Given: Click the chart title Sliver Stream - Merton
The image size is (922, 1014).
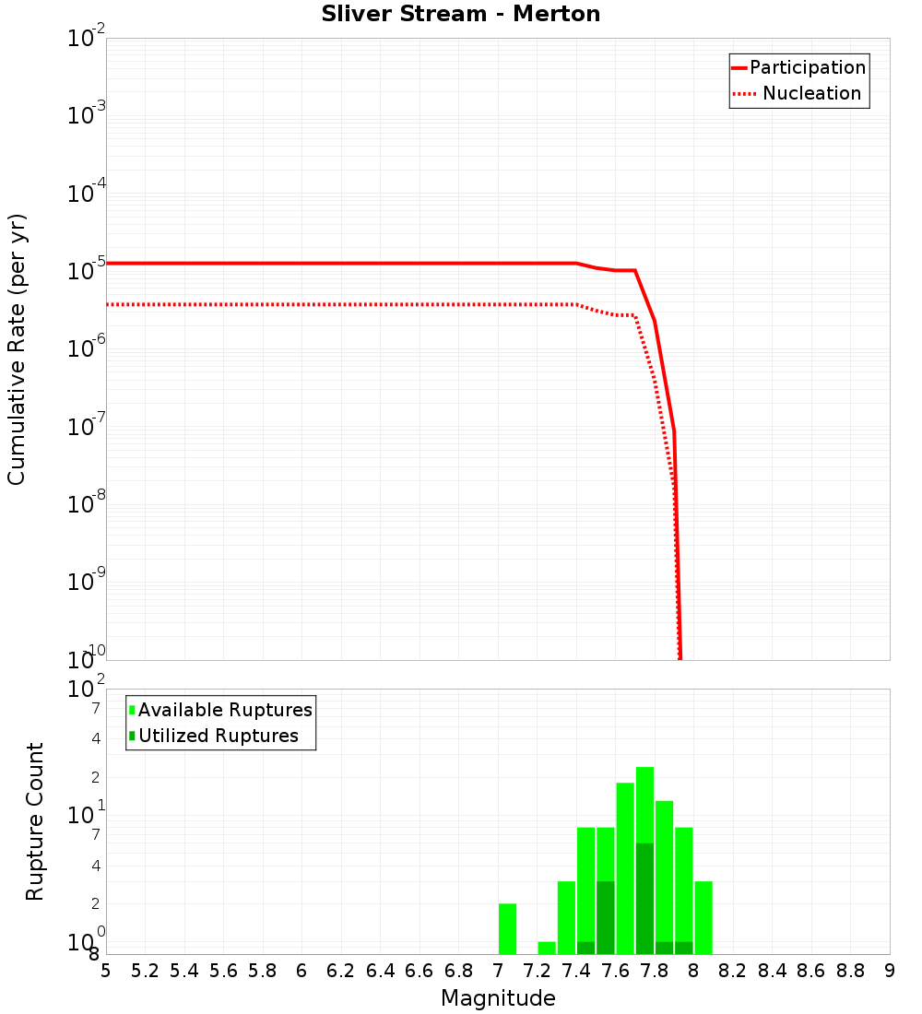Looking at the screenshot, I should point(461,14).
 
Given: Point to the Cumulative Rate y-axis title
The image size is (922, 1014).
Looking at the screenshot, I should point(18,349).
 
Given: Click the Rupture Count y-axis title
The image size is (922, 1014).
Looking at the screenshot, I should point(35,821).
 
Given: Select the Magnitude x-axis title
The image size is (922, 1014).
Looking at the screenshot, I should point(498,998).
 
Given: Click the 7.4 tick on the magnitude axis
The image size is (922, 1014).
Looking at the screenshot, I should point(576,970).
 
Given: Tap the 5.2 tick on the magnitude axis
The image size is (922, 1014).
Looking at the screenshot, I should point(145,970).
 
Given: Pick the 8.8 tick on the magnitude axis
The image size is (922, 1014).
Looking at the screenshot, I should point(850,970).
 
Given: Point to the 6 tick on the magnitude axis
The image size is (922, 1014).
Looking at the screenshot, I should point(301,970).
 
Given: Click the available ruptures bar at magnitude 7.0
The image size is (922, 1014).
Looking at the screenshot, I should point(507,928).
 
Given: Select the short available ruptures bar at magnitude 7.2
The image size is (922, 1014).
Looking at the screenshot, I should point(547,948).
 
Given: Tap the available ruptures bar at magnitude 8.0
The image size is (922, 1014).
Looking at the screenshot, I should point(703,917).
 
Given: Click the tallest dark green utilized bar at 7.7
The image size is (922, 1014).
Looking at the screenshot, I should point(644,898).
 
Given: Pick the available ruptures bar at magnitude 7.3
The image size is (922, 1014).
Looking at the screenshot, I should point(566,917).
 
